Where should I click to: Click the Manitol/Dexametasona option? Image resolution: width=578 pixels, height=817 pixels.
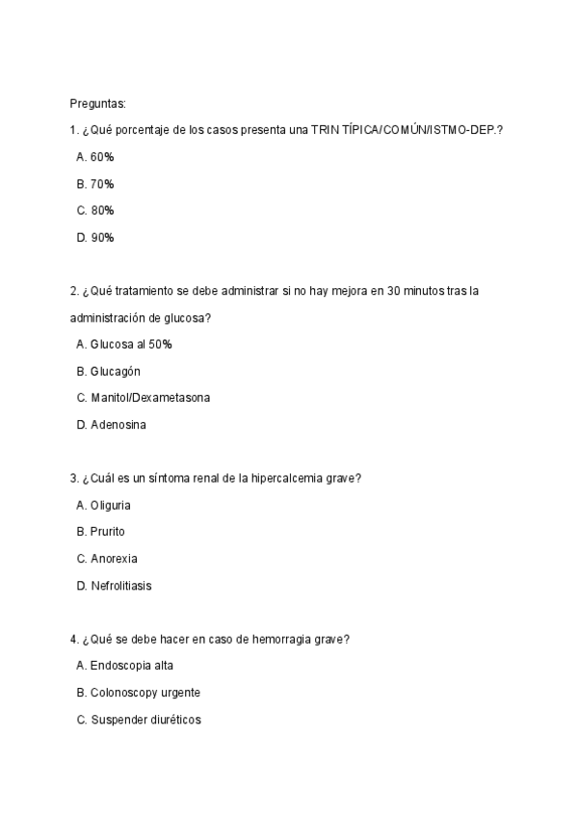[x=149, y=397]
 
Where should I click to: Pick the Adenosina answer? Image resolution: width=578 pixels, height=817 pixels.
[x=118, y=424]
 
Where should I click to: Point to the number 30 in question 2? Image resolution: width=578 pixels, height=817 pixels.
[x=394, y=291]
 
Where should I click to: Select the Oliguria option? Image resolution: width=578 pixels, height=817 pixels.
[x=111, y=505]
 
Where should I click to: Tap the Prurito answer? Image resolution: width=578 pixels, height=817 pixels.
[x=108, y=531]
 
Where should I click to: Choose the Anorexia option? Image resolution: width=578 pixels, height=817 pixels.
[x=114, y=558]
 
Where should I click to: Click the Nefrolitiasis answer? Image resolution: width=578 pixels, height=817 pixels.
[x=121, y=585]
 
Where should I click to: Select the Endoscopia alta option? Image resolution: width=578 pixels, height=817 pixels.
[x=132, y=666]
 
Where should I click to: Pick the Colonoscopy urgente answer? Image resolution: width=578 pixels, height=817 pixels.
[x=145, y=692]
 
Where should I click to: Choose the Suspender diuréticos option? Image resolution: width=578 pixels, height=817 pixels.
[x=145, y=719]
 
